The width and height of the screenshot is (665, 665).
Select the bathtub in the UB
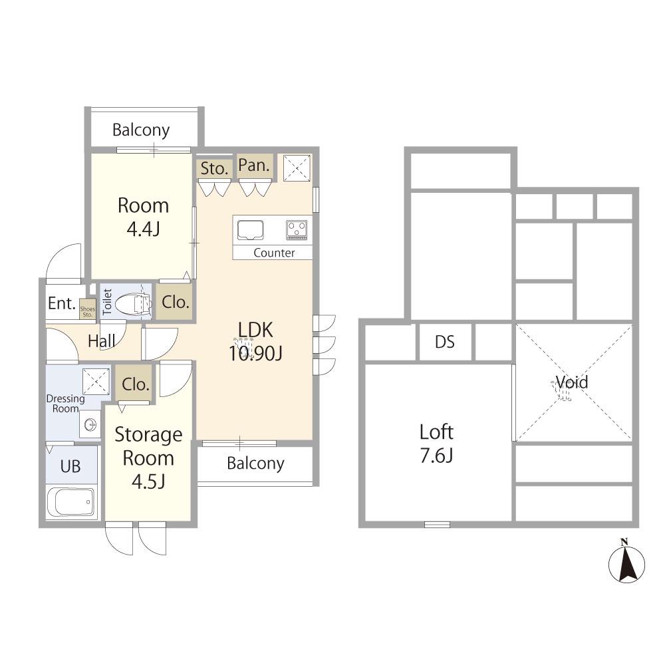70,502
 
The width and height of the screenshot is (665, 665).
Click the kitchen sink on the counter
250,230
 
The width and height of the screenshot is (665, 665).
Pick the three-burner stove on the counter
297,230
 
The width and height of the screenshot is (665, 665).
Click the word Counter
274,253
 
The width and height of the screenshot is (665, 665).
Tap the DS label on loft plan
445,342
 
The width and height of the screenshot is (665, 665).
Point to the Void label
572,382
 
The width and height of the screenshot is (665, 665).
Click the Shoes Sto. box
87,310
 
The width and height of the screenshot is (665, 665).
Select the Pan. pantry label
254,166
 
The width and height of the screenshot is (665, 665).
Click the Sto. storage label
215,169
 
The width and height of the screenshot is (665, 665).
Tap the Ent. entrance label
62,303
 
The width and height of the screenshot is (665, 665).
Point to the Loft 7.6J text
437,444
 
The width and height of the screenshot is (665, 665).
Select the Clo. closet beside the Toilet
175,302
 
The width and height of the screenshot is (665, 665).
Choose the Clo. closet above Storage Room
135,384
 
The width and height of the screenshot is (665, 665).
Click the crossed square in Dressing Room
96,381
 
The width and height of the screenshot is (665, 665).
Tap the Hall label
101,340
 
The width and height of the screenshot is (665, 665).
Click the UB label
70,466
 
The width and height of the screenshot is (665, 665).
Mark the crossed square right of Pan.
297,169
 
